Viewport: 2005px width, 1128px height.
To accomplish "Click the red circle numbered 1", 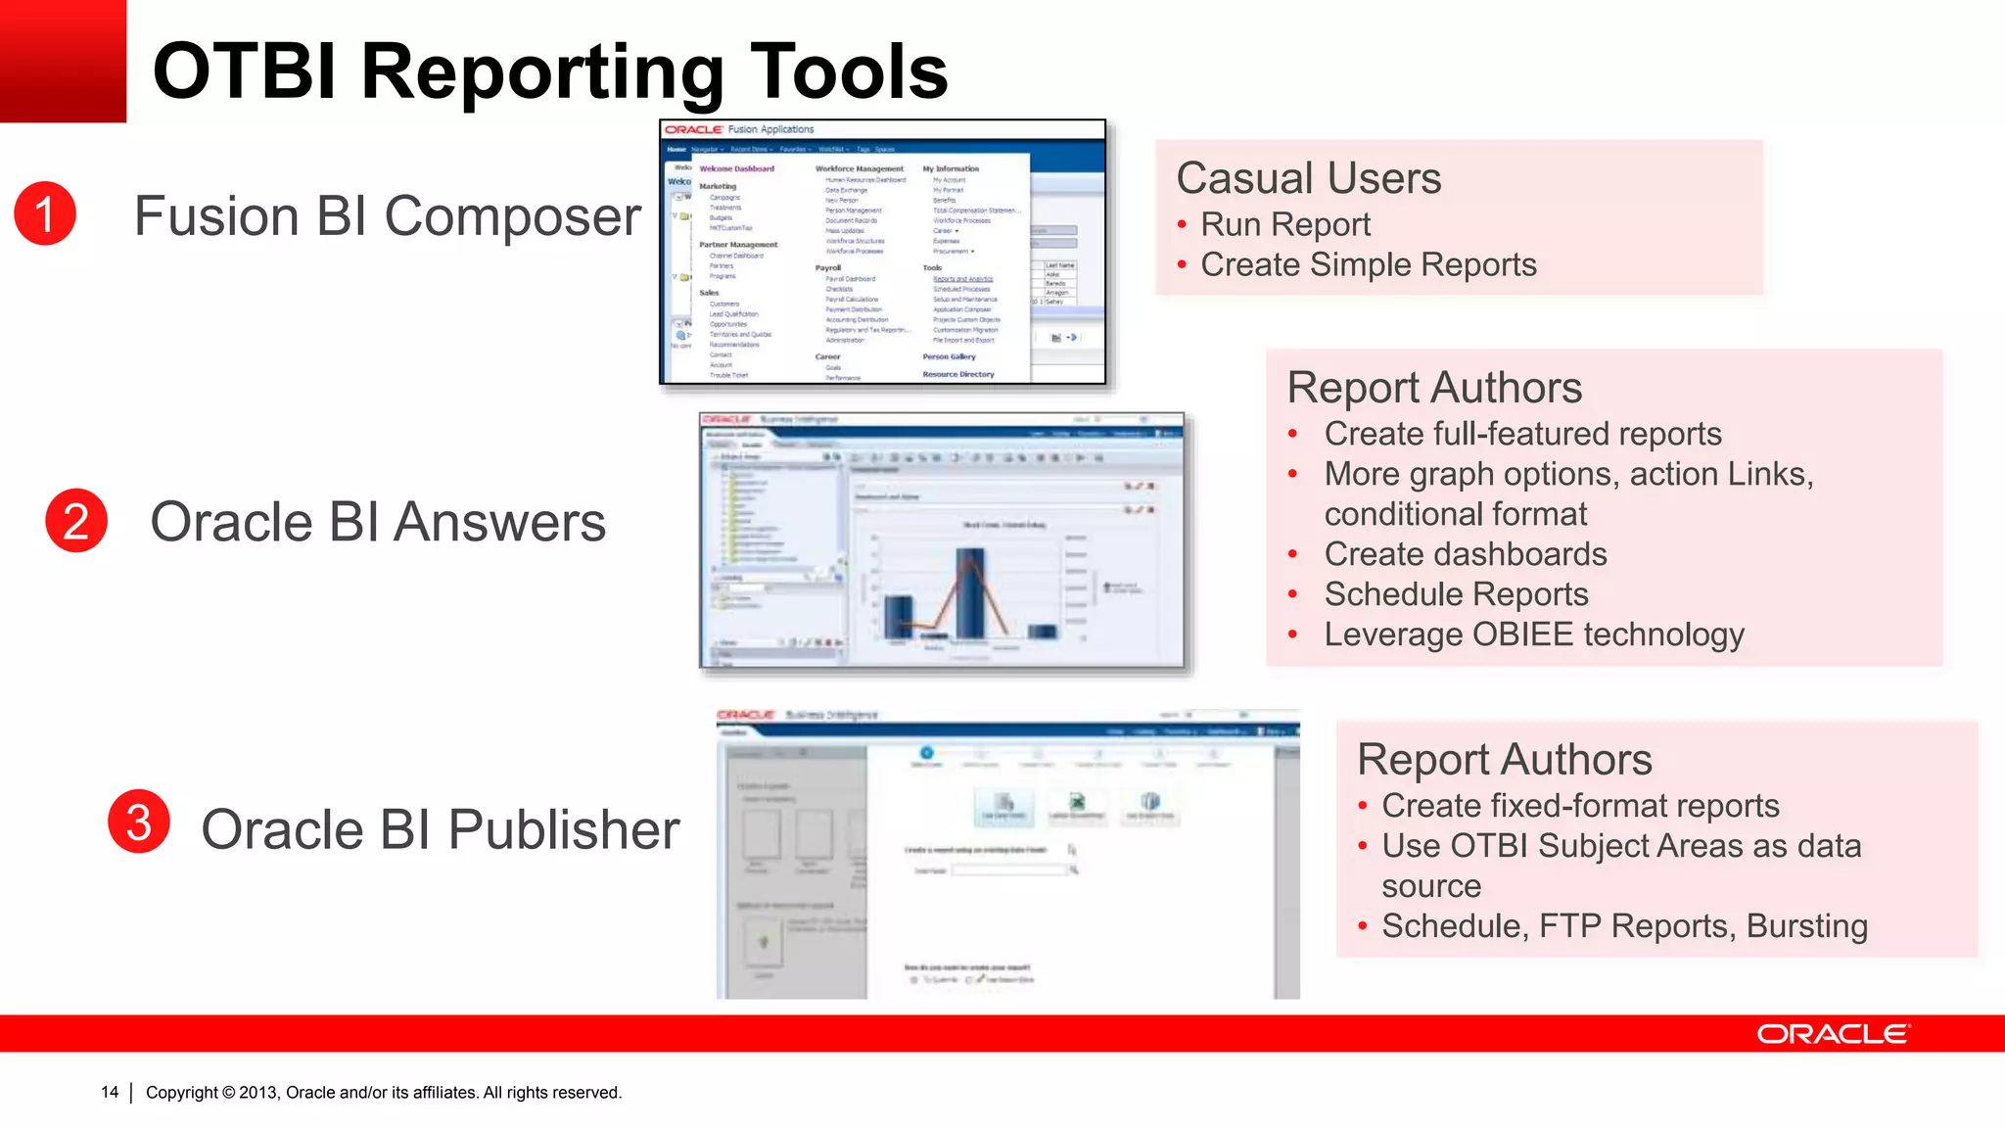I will [45, 213].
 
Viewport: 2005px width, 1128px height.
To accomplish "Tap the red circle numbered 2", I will [76, 520].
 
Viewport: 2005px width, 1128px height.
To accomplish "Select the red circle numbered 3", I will [139, 822].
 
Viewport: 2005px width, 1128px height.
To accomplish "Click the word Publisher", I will [563, 830].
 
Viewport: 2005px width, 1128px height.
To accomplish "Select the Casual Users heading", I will [1308, 178].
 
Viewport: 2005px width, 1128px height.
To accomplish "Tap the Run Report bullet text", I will [1284, 224].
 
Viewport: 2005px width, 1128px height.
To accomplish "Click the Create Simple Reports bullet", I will [1368, 264].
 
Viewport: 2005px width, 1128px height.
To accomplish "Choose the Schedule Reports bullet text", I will [1456, 594].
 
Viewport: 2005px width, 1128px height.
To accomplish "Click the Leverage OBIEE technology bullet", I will [1533, 634].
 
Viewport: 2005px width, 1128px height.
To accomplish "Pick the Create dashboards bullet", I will [1465, 554].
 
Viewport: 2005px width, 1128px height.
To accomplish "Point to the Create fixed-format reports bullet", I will [1580, 806].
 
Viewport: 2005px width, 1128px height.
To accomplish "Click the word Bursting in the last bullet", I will [1806, 926].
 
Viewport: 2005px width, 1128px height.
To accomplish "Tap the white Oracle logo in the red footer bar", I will [1832, 1034].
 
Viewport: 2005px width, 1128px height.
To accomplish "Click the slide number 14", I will [110, 1092].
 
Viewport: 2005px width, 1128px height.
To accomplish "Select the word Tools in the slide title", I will [849, 71].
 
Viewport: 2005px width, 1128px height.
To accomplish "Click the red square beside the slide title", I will [63, 61].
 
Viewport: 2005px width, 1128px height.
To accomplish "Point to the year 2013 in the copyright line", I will [257, 1093].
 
